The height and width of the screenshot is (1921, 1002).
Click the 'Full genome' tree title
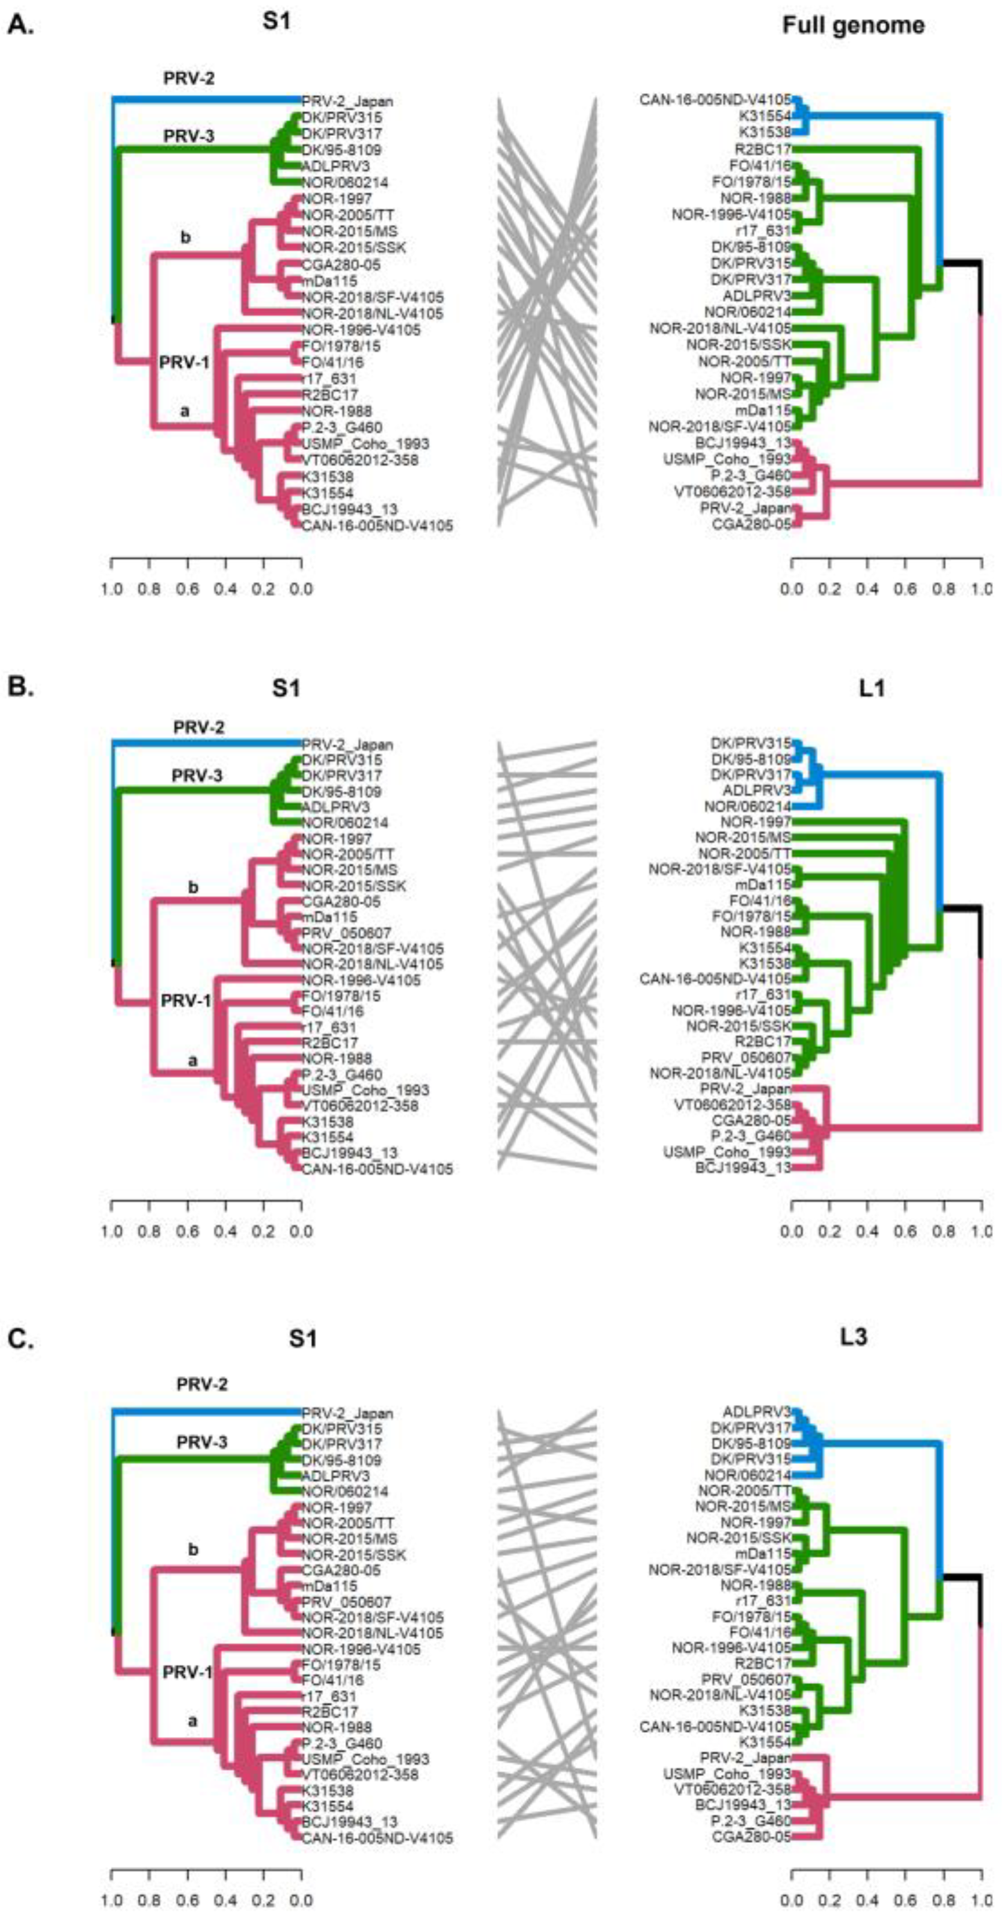pyautogui.click(x=853, y=26)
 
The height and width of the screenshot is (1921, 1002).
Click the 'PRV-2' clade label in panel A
pyautogui.click(x=189, y=78)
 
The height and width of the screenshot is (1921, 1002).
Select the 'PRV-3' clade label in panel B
pyautogui.click(x=198, y=776)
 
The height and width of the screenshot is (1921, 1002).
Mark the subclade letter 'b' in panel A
pyautogui.click(x=186, y=238)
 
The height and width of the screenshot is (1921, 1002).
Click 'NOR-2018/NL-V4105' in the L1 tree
pyautogui.click(x=719, y=1074)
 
